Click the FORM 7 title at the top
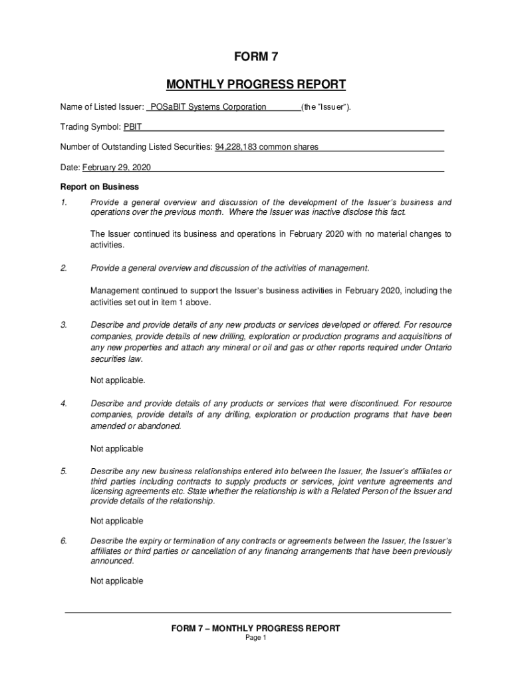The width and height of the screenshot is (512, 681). pyautogui.click(x=255, y=58)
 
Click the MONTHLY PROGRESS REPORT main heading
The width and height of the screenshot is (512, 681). pyautogui.click(x=255, y=84)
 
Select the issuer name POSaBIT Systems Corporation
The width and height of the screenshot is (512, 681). pyautogui.click(x=208, y=107)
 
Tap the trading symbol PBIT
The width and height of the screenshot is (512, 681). pyautogui.click(x=132, y=127)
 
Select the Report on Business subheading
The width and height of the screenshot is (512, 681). pyautogui.click(x=99, y=187)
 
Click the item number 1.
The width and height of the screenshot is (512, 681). pyautogui.click(x=64, y=202)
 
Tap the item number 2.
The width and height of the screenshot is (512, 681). pyautogui.click(x=64, y=268)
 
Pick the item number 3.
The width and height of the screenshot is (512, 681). pyautogui.click(x=64, y=325)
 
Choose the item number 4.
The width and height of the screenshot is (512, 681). pyautogui.click(x=64, y=404)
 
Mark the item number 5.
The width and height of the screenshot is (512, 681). pyautogui.click(x=64, y=472)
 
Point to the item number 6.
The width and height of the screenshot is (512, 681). pyautogui.click(x=64, y=541)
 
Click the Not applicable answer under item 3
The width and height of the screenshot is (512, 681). pyautogui.click(x=118, y=381)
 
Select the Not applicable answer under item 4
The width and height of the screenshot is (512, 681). pyautogui.click(x=117, y=449)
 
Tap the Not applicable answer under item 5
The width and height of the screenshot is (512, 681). pyautogui.click(x=117, y=521)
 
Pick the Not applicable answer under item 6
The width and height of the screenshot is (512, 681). pyautogui.click(x=117, y=581)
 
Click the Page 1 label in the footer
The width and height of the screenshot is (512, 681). pyautogui.click(x=256, y=638)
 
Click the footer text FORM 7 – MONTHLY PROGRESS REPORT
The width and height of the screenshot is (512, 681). pyautogui.click(x=256, y=628)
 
